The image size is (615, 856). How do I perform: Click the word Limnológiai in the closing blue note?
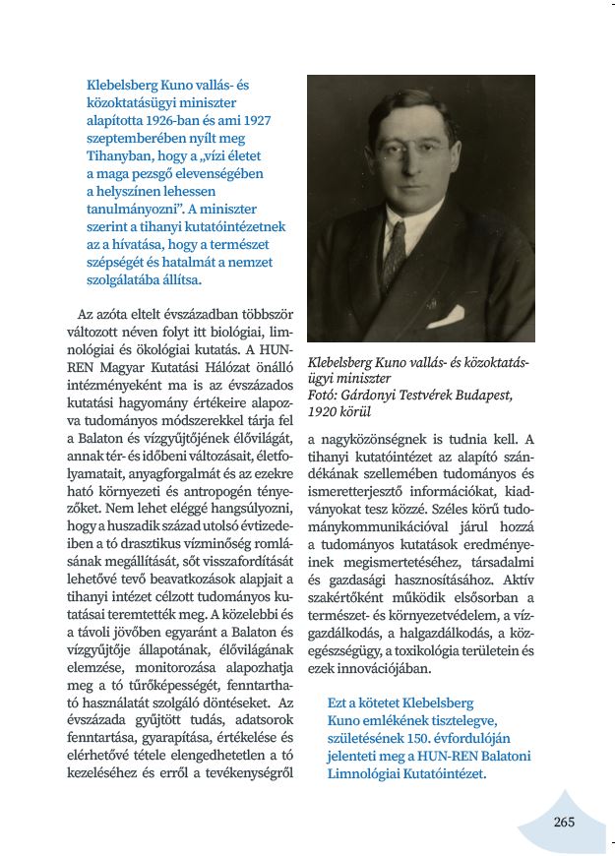pos(366,774)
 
